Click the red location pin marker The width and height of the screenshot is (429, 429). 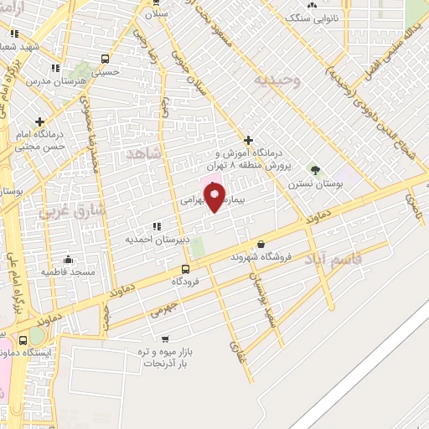(214, 198)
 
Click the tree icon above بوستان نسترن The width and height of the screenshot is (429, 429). (315, 170)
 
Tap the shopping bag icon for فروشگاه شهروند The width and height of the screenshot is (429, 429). (262, 244)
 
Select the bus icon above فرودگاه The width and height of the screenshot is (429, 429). (186, 269)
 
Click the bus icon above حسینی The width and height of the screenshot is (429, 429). (105, 59)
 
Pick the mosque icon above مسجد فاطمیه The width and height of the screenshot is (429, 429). (68, 259)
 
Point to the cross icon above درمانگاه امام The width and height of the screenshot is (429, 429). (40, 121)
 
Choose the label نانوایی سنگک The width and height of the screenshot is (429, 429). (313, 17)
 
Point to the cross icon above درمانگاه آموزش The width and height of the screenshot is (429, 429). (248, 140)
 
